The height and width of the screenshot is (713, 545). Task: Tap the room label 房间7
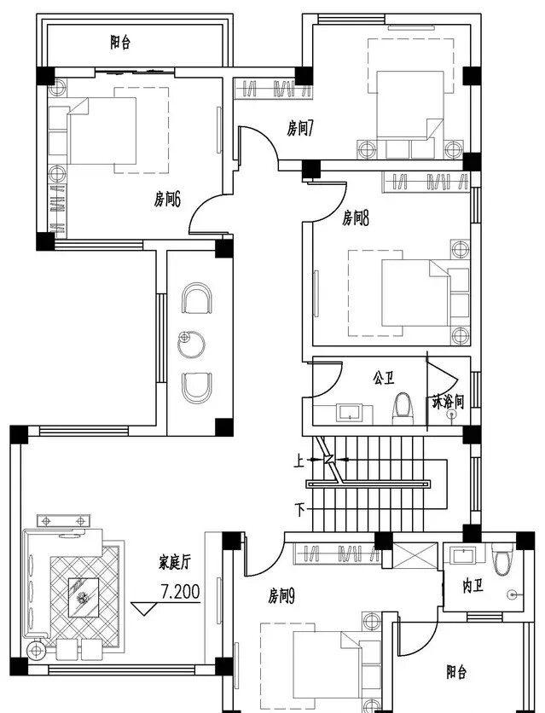click(x=301, y=129)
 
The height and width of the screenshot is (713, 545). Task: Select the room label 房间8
click(x=354, y=218)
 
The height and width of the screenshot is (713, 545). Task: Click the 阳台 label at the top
click(x=120, y=42)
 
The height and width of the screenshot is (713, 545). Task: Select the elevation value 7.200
click(x=181, y=590)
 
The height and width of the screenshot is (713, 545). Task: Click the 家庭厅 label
click(x=174, y=562)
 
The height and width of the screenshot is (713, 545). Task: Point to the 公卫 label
click(x=383, y=377)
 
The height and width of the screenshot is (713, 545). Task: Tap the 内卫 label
click(x=473, y=588)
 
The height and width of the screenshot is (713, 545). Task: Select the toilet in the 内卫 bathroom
click(x=501, y=556)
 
